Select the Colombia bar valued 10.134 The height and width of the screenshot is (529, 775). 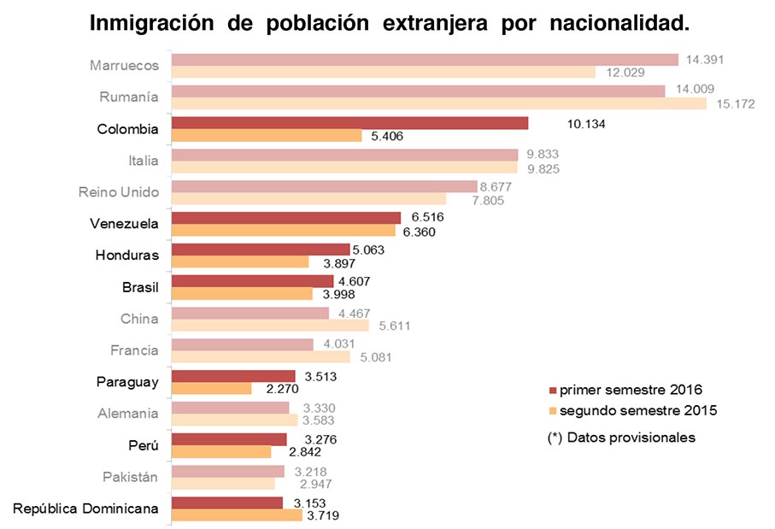pyautogui.click(x=349, y=123)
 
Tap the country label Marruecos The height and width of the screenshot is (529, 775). pyautogui.click(x=124, y=66)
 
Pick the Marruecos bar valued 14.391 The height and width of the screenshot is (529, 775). pyautogui.click(x=425, y=60)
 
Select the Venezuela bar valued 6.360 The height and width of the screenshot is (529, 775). pyautogui.click(x=284, y=231)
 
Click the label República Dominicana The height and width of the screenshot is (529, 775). pyautogui.click(x=85, y=508)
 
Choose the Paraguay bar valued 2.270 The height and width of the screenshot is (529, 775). pyautogui.click(x=212, y=389)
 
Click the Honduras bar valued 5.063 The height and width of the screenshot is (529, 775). pyautogui.click(x=261, y=250)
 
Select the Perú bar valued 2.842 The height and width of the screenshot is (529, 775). pyautogui.click(x=221, y=452)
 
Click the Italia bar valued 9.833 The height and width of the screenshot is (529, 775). pyautogui.click(x=344, y=155)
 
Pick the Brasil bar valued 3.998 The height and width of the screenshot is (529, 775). pyautogui.click(x=242, y=294)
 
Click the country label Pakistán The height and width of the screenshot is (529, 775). pyautogui.click(x=134, y=477)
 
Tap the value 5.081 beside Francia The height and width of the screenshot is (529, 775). pyautogui.click(x=374, y=357)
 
